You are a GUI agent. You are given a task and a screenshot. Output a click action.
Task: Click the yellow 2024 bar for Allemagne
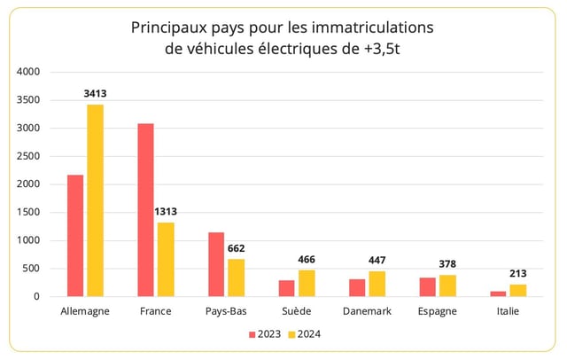coord(95,200)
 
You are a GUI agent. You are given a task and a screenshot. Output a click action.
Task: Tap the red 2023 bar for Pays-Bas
coord(216,264)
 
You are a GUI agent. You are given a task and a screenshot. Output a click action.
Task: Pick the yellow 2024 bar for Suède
coord(307,283)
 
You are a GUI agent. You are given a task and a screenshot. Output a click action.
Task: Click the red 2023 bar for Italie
coord(498,293)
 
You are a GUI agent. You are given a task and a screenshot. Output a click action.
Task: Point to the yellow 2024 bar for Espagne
coord(447,286)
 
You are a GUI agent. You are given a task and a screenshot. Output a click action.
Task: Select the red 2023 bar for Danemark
coord(357,287)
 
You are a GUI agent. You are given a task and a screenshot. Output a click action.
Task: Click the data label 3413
coord(95,93)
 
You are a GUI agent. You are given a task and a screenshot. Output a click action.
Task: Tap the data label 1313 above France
coord(166,211)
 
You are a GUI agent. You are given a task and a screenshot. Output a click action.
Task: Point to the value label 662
coord(236,248)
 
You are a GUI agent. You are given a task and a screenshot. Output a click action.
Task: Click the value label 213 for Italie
coord(517,273)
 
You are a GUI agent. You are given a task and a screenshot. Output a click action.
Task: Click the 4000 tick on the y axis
coord(28,72)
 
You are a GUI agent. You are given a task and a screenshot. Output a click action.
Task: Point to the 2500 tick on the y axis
coord(28,156)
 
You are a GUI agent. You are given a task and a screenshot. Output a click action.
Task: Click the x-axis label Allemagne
coord(85,311)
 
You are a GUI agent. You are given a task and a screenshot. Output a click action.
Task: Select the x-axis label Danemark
coord(367,311)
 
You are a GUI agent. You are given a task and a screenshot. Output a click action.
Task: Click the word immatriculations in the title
coord(365,27)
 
